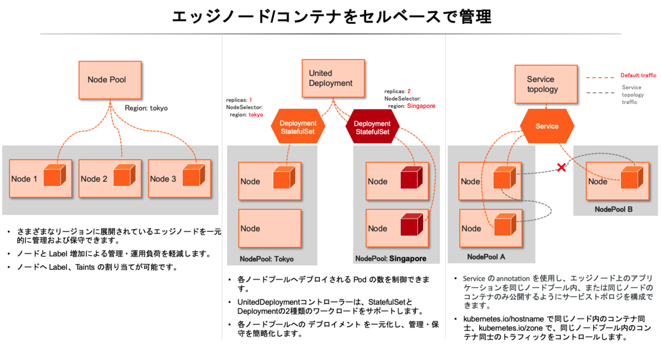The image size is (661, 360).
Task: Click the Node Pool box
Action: click(110, 80)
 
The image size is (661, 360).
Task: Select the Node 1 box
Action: click(41, 178)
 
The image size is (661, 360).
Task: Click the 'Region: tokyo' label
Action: click(146, 108)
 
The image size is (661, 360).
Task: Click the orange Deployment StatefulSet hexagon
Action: click(298, 128)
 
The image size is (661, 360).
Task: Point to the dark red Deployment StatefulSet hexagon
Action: click(372, 128)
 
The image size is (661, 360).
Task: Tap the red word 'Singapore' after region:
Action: click(421, 106)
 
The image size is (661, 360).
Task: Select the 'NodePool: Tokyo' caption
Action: click(267, 259)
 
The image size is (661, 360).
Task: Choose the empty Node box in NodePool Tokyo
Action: click(270, 228)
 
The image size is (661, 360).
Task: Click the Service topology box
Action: click(545, 84)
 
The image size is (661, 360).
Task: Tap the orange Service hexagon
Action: click(547, 126)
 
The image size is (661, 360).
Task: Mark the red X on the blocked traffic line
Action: click(561, 167)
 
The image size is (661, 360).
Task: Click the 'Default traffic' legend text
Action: click(638, 75)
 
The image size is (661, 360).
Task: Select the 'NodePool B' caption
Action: click(614, 210)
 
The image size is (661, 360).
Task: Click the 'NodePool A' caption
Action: click(486, 257)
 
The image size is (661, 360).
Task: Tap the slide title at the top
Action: click(331, 17)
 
